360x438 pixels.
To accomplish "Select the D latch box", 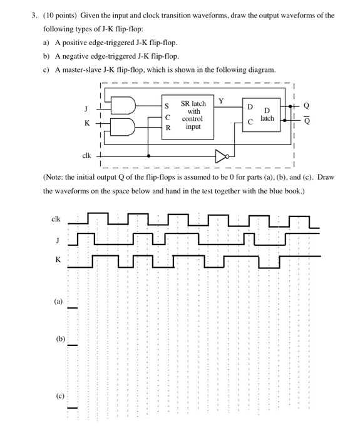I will pyautogui.click(x=260, y=116).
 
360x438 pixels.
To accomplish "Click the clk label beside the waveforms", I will pyautogui.click(x=55, y=219).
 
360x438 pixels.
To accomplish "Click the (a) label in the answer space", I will pyautogui.click(x=58, y=302).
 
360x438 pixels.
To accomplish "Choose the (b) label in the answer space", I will pyautogui.click(x=59, y=339).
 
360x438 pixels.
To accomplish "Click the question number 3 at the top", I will pyautogui.click(x=36, y=15).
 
